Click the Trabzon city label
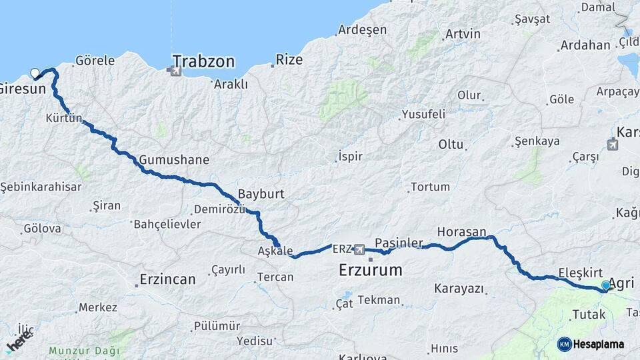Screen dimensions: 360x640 [x=203, y=62]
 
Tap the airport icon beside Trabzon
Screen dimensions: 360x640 [x=176, y=71]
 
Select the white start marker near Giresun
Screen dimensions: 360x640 [x=35, y=73]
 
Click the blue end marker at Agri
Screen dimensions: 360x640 [x=606, y=285]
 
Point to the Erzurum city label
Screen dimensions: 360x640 [x=371, y=271]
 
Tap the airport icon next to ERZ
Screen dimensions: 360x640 [x=360, y=249]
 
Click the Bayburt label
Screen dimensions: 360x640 [x=261, y=194]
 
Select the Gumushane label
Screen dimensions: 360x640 [x=174, y=160]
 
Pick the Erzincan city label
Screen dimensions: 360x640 [x=167, y=279]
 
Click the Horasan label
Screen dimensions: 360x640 [x=461, y=232]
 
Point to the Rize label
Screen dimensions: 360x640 [x=289, y=60]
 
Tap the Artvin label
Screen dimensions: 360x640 [x=463, y=34]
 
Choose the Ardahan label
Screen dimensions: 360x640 [x=585, y=45]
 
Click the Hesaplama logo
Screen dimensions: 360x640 [x=591, y=344]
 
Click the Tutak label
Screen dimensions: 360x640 [x=589, y=314]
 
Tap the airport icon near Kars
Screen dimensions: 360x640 [x=613, y=144]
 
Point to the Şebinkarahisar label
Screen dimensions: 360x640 [x=41, y=187]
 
